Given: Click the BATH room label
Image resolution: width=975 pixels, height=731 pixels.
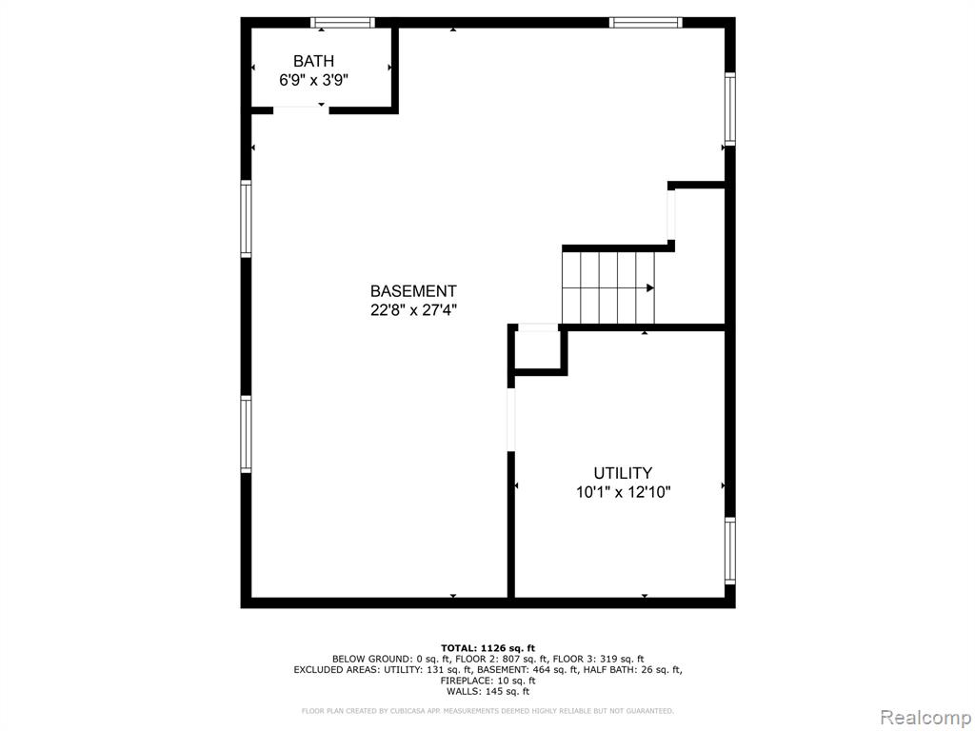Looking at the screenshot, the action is [x=313, y=61].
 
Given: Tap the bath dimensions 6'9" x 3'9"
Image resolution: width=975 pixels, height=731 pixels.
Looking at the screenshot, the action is [x=313, y=80].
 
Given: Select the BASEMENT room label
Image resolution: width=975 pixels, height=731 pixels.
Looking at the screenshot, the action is [x=413, y=291].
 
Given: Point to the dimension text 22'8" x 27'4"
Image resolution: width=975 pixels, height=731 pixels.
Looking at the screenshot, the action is [x=413, y=310].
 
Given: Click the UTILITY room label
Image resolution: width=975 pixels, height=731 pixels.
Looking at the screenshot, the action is [x=623, y=473].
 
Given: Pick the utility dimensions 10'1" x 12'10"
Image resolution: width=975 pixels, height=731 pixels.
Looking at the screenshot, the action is [x=623, y=493].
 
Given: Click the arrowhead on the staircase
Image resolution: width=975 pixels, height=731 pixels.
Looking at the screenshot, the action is [x=649, y=287].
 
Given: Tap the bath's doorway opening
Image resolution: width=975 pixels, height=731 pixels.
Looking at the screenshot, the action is [x=301, y=110].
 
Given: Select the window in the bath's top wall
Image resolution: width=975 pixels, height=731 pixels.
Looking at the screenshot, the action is [x=343, y=23].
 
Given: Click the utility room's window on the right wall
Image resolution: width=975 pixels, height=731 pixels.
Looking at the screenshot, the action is [x=730, y=551].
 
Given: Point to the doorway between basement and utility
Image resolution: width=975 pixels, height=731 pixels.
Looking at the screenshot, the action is [x=511, y=420].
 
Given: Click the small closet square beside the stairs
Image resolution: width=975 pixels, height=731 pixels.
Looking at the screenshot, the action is [x=538, y=349].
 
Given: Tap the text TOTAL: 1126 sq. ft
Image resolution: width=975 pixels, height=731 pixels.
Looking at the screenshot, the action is [x=487, y=648].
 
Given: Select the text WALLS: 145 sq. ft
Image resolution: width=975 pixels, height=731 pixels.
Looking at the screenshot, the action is [x=487, y=691].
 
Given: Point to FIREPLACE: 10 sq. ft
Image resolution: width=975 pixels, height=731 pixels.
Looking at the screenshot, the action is [x=487, y=681].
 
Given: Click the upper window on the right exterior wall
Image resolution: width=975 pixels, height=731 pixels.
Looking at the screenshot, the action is [x=730, y=109].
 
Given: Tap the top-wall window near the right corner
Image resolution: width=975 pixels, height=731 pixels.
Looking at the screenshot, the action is [x=646, y=23].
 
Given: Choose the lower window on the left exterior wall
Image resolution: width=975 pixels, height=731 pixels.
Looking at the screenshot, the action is [x=247, y=434].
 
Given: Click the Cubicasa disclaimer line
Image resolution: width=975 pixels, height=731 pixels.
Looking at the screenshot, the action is [x=487, y=710].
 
